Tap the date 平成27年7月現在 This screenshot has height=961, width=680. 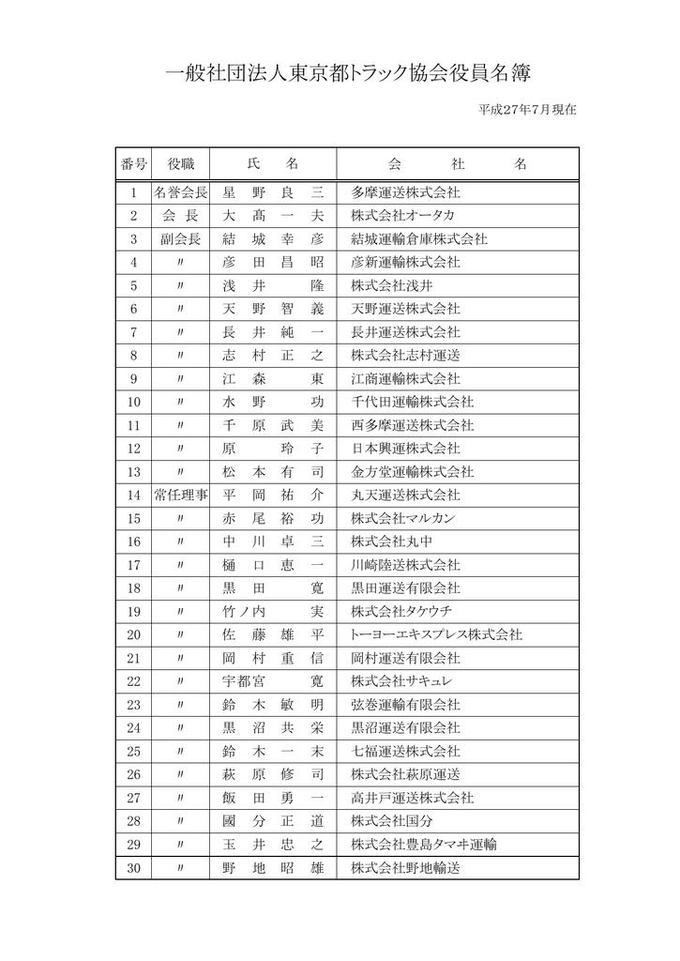527,110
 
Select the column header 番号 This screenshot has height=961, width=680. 133,164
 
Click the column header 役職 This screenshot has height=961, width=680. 180,164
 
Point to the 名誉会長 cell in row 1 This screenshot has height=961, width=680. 180,193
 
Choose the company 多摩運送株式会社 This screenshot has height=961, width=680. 405,193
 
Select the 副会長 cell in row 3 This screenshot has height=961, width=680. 180,239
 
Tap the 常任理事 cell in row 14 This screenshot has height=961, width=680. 180,495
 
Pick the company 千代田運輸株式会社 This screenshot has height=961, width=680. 412,402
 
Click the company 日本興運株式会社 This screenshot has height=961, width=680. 405,449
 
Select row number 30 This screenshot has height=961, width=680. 133,868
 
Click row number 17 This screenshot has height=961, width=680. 133,565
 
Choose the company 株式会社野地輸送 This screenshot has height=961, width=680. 405,868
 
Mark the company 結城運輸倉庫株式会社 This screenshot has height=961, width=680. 418,239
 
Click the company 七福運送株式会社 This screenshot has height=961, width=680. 405,751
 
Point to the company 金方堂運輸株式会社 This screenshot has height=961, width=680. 412,472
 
